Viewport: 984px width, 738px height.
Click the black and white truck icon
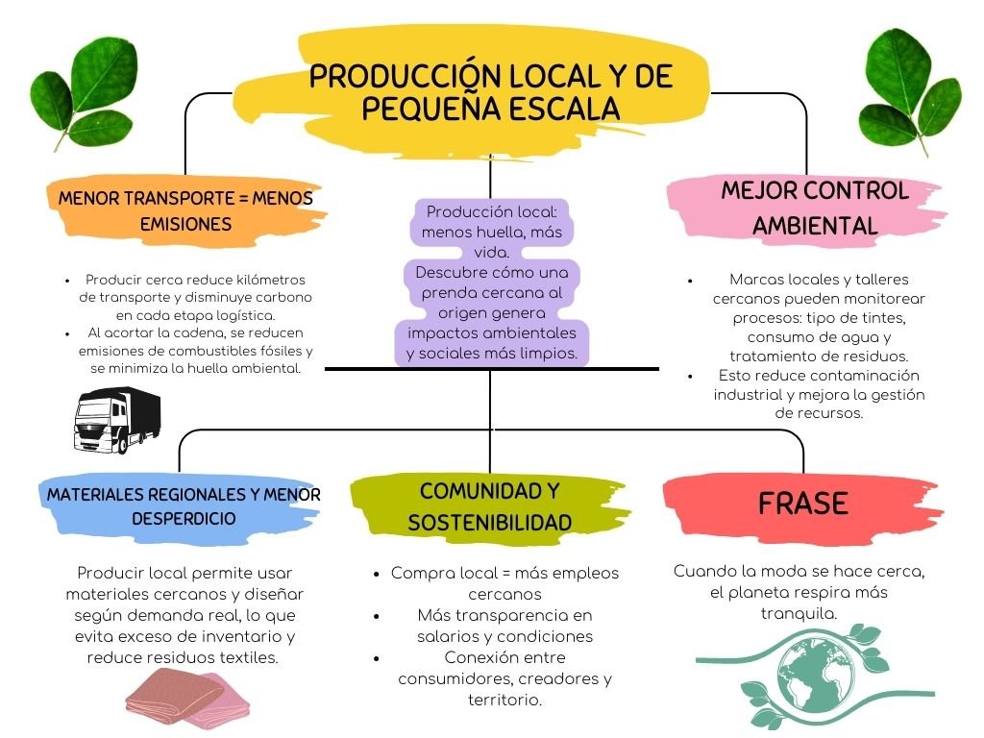click(117, 419)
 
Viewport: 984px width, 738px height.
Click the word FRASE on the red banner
click(802, 504)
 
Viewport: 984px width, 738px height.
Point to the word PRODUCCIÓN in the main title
click(398, 77)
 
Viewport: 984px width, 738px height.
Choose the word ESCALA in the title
click(563, 110)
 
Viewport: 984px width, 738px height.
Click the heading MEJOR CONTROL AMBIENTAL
click(815, 208)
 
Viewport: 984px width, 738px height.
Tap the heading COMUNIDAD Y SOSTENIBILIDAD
click(489, 506)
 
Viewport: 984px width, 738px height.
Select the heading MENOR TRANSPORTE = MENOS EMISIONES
click(185, 210)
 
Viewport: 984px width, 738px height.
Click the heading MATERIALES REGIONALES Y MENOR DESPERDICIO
click(184, 506)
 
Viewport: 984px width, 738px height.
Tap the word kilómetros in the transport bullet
click(272, 279)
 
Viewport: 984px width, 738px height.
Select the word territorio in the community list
click(504, 700)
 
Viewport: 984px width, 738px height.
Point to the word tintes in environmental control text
click(884, 318)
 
